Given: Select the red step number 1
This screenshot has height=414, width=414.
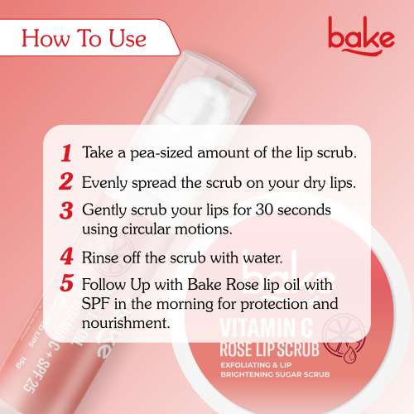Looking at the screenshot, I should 65,154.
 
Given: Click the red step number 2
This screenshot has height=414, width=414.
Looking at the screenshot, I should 65,181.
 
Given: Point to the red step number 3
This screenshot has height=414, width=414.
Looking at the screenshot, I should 66,208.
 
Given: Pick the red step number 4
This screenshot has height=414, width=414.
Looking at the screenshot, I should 65,257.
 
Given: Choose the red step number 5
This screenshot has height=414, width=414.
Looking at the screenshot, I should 66,284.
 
